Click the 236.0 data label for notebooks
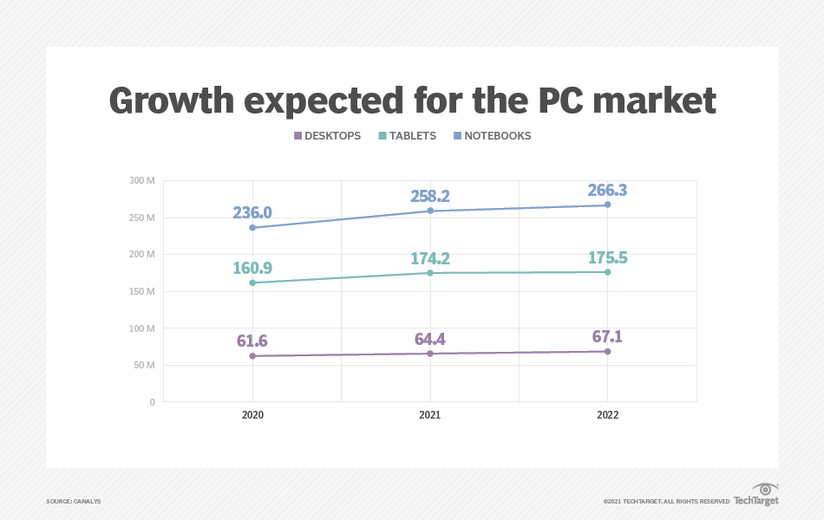pos(252,213)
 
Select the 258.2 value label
pos(430,197)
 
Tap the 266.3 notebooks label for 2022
pos(608,191)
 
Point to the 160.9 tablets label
pos(252,268)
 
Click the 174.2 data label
pos(430,258)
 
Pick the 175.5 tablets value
pos(608,257)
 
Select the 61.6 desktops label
pos(252,341)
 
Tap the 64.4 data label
pos(430,338)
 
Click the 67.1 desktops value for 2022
pos(608,336)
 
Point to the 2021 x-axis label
pos(430,415)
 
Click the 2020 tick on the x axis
pos(252,415)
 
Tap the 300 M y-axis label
pos(142,180)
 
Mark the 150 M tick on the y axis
pos(142,291)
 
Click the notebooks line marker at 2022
pos(608,205)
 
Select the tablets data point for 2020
pos(252,283)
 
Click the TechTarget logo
pos(756,495)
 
